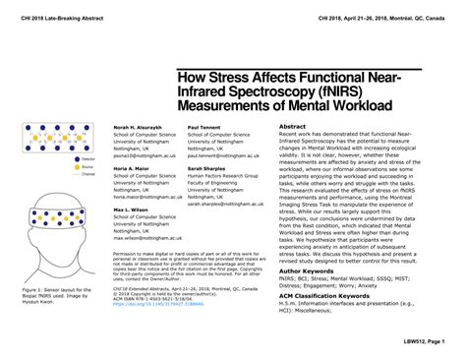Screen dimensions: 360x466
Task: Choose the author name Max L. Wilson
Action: [131, 210]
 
